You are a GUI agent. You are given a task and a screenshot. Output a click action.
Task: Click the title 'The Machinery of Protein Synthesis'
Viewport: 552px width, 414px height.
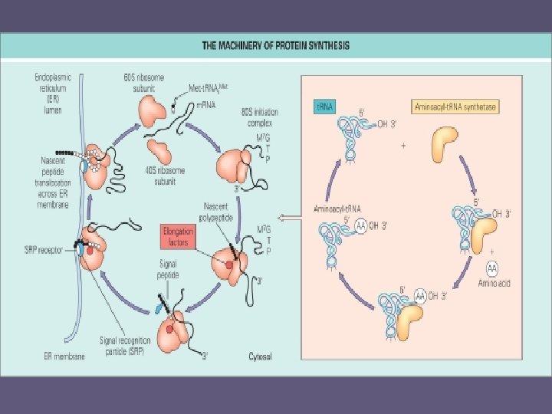click(275, 45)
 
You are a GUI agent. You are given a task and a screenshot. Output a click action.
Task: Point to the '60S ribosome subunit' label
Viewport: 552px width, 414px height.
click(140, 82)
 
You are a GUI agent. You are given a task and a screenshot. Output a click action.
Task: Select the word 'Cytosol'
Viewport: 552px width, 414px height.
click(262, 356)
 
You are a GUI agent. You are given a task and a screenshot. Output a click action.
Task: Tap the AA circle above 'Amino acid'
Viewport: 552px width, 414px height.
click(491, 268)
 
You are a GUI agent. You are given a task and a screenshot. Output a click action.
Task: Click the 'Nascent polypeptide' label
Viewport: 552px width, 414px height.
click(222, 211)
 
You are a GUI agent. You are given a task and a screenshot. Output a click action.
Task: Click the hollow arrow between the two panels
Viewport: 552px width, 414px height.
click(290, 219)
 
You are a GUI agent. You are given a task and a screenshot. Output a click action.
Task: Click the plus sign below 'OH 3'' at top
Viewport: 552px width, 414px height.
click(403, 145)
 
